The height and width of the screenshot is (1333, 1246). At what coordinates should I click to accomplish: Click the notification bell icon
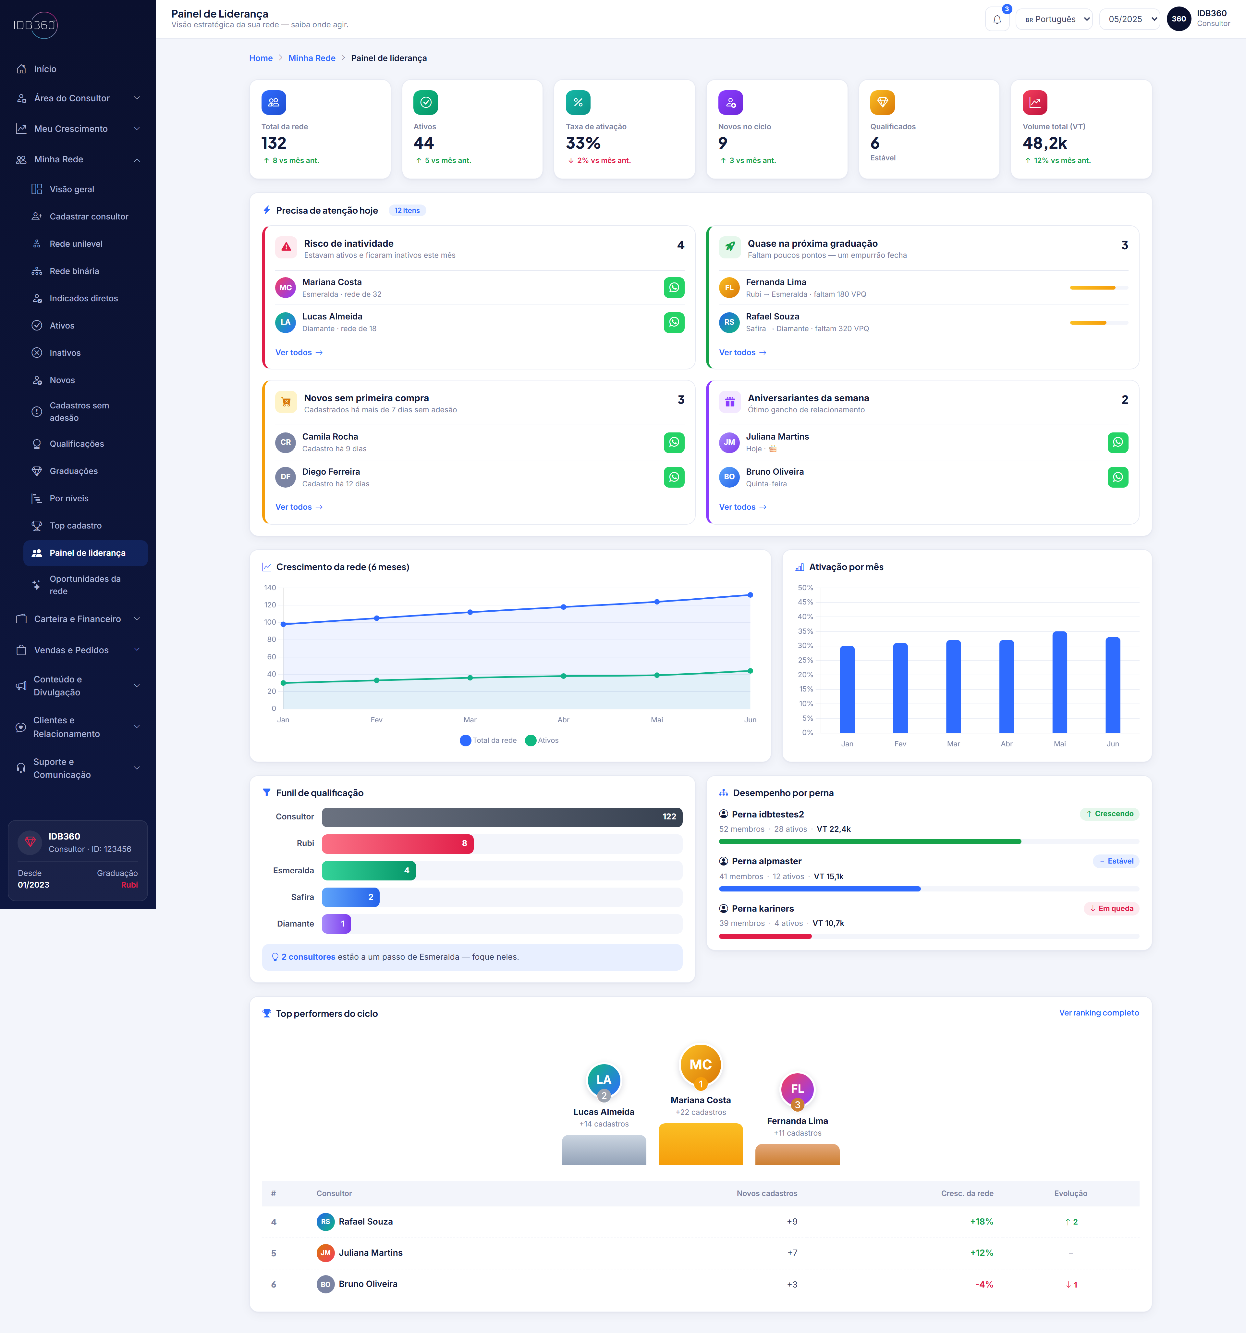point(997,19)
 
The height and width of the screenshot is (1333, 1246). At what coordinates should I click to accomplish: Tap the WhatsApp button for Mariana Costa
point(674,288)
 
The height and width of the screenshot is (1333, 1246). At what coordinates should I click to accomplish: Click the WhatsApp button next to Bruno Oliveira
point(1117,478)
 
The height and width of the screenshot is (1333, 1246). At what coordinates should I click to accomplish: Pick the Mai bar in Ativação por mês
point(1059,682)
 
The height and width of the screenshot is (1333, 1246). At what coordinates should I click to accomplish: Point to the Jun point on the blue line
point(750,595)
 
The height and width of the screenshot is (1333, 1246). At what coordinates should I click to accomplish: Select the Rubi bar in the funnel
point(397,843)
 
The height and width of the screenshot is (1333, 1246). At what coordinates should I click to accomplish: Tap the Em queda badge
point(1111,909)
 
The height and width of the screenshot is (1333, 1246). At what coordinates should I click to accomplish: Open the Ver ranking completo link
point(1099,1013)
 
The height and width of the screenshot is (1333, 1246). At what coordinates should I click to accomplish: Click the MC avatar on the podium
point(701,1065)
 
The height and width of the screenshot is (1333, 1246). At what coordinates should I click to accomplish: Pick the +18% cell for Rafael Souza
point(981,1222)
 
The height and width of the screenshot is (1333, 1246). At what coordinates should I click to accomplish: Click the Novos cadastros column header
point(767,1193)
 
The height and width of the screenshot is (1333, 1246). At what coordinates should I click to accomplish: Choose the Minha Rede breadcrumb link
point(312,58)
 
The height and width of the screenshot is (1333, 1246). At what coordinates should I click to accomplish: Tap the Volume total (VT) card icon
point(1034,103)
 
